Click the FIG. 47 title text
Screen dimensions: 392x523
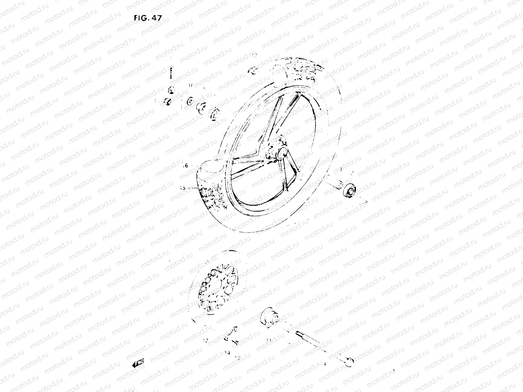[x=147, y=19]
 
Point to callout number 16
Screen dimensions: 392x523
[x=185, y=166]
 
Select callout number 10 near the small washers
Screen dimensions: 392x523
[x=191, y=86]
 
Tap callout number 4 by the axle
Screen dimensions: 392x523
[x=325, y=354]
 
